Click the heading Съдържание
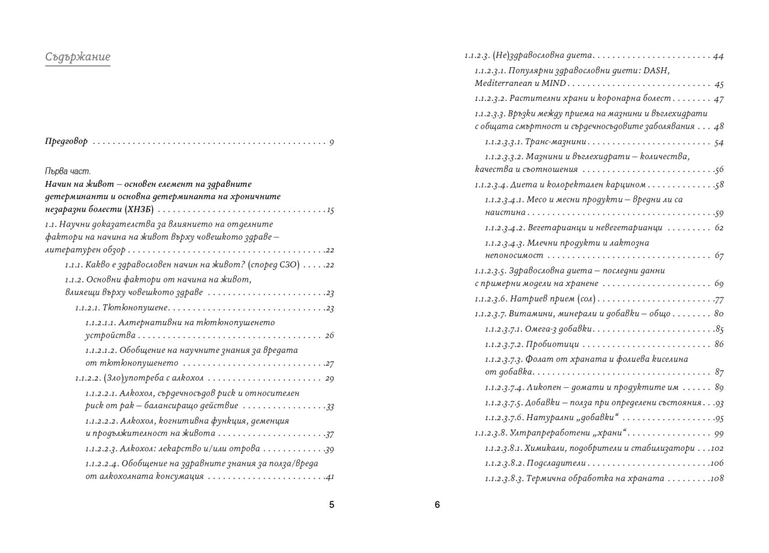point(78,57)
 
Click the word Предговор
point(66,142)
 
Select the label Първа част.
point(67,171)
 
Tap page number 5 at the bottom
point(332,505)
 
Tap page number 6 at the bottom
point(437,505)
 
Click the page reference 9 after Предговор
point(332,142)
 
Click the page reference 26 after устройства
point(329,335)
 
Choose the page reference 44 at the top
point(718,57)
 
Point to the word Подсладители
point(556,463)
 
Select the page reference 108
point(716,478)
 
